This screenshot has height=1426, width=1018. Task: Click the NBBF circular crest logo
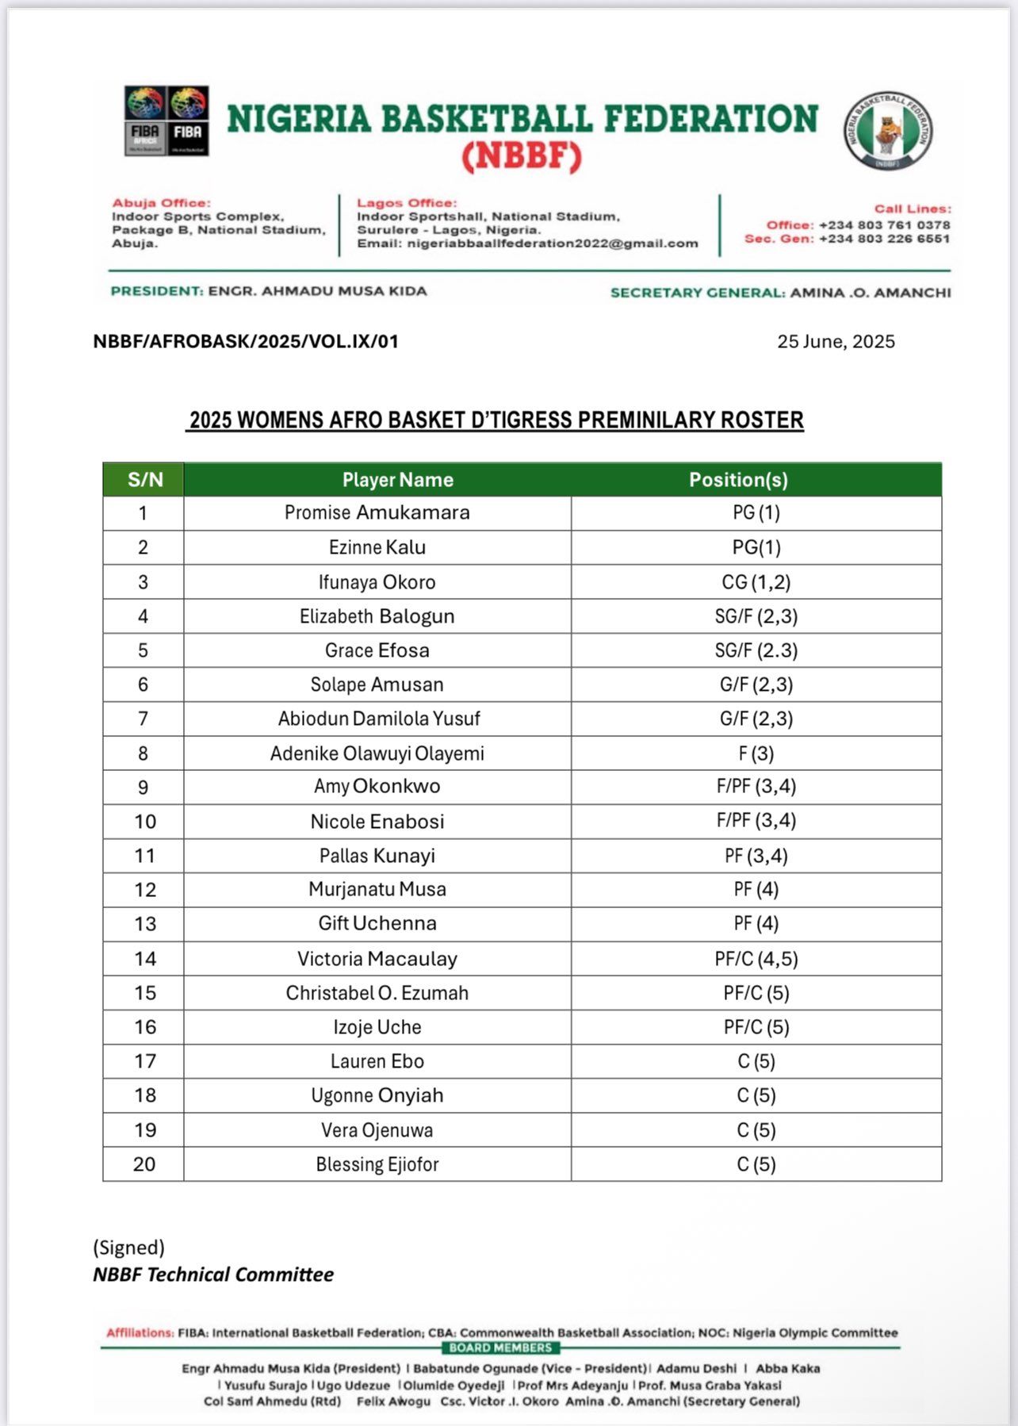(887, 130)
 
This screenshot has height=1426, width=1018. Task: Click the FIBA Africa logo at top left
(145, 121)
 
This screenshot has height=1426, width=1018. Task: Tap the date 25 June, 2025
(836, 342)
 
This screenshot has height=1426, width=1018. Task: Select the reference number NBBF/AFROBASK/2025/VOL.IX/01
(246, 342)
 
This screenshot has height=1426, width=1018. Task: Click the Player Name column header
(397, 480)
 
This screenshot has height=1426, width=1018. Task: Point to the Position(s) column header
(738, 480)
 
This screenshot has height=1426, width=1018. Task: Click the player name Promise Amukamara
(377, 513)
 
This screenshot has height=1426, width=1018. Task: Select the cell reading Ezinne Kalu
(377, 547)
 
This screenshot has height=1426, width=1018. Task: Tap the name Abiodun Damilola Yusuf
(379, 719)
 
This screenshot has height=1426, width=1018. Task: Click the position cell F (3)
(756, 753)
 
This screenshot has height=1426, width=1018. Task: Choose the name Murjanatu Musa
(377, 890)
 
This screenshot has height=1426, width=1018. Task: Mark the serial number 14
(144, 959)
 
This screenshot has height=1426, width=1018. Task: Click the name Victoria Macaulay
(377, 959)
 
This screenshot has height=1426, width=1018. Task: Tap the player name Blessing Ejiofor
(377, 1164)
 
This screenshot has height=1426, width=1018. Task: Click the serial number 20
(144, 1164)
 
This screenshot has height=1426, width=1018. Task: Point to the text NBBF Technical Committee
(213, 1275)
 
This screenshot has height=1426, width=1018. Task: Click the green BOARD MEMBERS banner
(500, 1347)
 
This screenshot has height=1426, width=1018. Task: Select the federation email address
(552, 243)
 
